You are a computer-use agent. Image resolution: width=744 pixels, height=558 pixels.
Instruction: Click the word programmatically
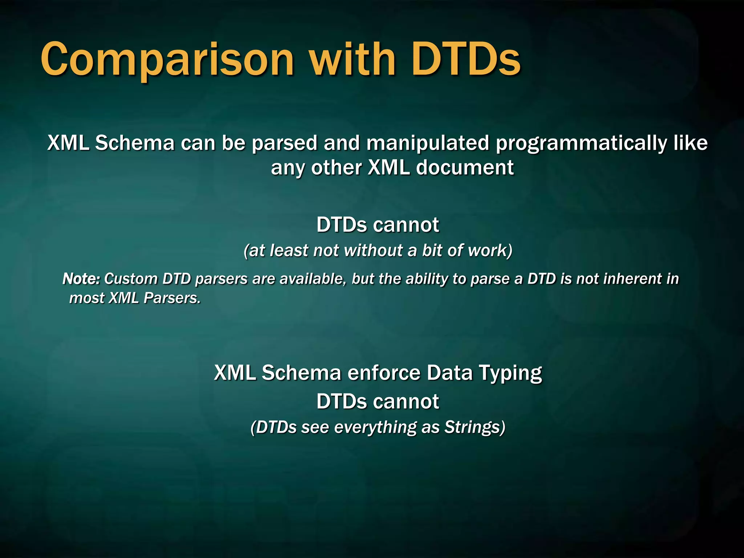[581, 143]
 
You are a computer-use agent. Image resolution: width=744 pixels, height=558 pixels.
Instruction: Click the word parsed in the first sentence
[284, 143]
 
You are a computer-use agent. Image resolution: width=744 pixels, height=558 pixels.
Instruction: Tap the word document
[465, 168]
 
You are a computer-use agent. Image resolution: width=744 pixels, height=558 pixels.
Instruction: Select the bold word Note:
[81, 279]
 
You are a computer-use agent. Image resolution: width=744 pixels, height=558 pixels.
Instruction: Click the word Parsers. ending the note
[172, 298]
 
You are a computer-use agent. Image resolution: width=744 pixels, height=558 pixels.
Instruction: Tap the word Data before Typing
[449, 373]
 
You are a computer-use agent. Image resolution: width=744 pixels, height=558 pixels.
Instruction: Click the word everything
[375, 427]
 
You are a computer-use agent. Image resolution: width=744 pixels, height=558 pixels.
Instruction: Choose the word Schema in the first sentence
[135, 143]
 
